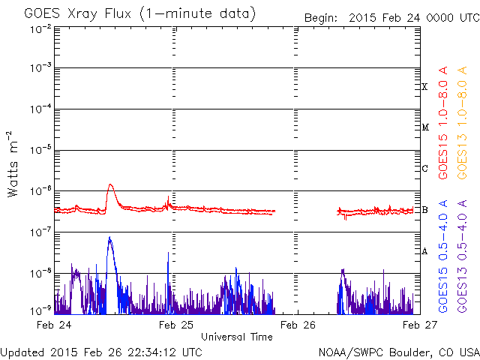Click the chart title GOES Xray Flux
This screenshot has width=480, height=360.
pos(78,13)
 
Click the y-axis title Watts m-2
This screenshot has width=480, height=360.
pos(13,164)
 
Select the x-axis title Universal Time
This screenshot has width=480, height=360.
pos(237,337)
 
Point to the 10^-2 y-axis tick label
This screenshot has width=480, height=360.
pos(40,28)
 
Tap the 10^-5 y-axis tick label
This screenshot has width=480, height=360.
pos(40,150)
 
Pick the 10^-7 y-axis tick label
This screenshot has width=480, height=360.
pos(40,232)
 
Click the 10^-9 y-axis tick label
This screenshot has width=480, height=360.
pos(40,310)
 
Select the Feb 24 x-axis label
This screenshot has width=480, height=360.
pos(54,325)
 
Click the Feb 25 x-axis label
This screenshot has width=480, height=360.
pos(176,325)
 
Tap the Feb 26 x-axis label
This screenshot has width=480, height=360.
pos(298,325)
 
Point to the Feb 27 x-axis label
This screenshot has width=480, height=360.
pos(420,325)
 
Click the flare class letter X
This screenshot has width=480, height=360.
pos(424,87)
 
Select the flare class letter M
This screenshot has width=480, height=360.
pos(425,127)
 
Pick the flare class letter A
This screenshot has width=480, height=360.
pos(424,251)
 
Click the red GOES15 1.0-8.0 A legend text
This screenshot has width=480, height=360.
pos(443,123)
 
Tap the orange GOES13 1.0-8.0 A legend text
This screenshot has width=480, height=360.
pos(462,123)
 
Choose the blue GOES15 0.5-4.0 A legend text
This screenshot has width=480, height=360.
pos(443,256)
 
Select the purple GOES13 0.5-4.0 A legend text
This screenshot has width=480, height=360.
pos(462,256)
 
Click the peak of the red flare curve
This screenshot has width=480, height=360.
pos(110,184)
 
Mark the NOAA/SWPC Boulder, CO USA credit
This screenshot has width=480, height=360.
pos(399,352)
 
